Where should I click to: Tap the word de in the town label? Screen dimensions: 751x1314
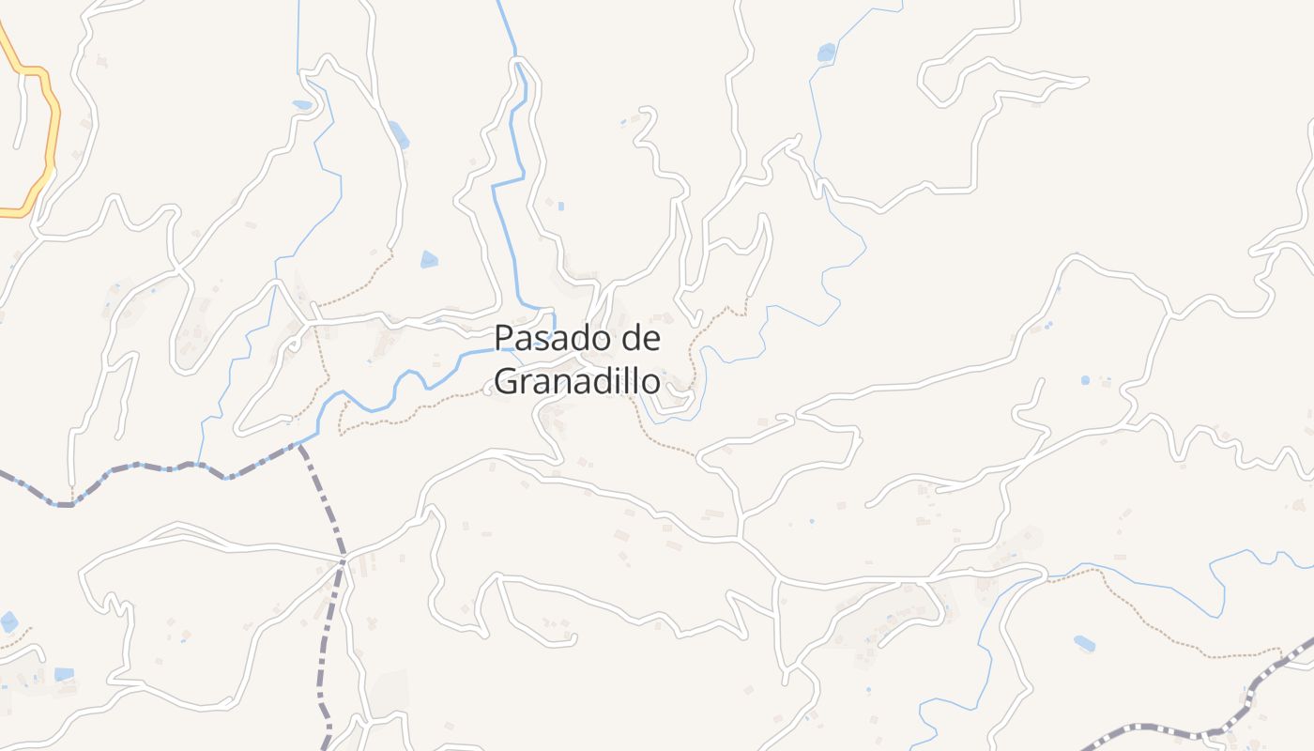(x=634, y=338)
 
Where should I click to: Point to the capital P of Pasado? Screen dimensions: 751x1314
(x=503, y=338)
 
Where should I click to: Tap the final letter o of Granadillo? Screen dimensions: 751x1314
(x=649, y=383)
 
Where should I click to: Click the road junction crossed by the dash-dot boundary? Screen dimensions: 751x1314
(x=344, y=560)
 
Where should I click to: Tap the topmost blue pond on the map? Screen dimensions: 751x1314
(x=826, y=53)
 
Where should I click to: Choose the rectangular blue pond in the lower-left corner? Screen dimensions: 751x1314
(x=64, y=674)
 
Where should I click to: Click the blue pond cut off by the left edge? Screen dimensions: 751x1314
(x=8, y=621)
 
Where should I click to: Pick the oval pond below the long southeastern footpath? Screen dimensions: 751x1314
(x=1084, y=643)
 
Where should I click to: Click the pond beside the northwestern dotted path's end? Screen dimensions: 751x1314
(x=429, y=259)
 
